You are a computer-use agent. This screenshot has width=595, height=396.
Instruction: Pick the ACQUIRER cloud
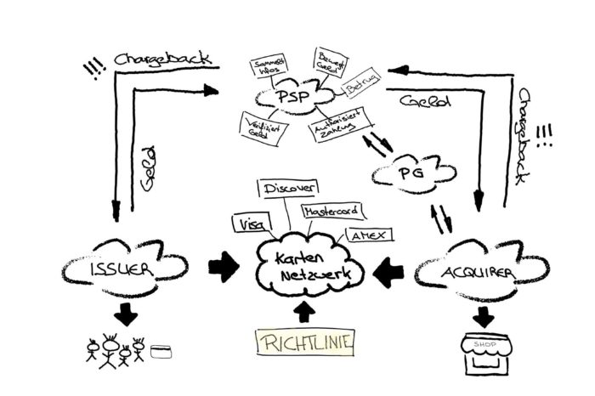point(467,273)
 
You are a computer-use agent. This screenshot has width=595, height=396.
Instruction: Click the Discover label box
point(290,187)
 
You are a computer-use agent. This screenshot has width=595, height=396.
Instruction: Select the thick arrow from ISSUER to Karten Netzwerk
point(224,269)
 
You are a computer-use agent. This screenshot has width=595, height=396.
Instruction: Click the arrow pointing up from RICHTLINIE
point(303,310)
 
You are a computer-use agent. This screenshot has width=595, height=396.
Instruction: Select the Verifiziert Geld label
point(258,125)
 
